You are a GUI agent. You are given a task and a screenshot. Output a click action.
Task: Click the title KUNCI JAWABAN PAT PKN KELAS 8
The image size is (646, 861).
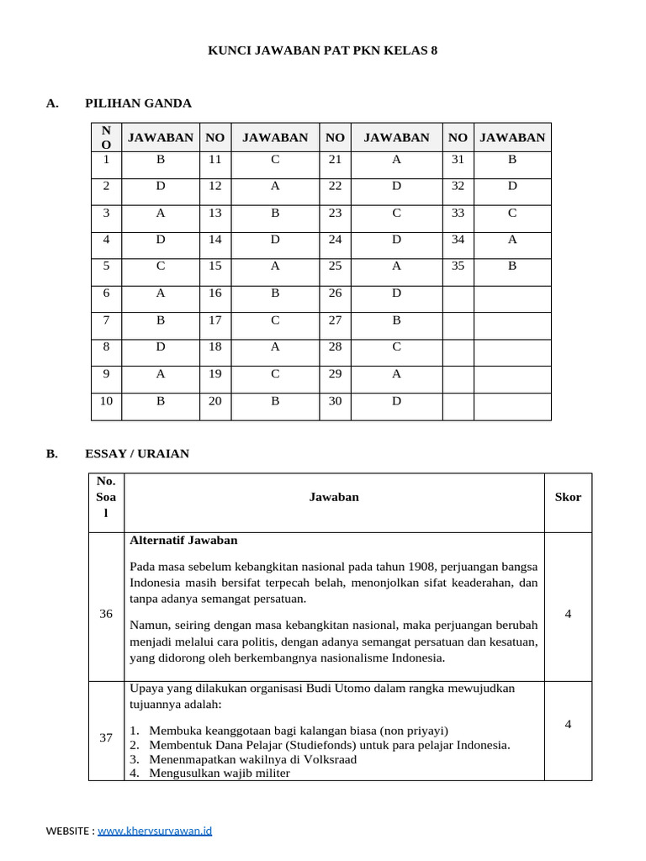pyautogui.click(x=322, y=50)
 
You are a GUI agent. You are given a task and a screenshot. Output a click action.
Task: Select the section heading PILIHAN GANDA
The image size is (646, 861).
pyautogui.click(x=138, y=103)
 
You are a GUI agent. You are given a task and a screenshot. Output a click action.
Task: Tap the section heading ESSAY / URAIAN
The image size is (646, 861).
pyautogui.click(x=137, y=454)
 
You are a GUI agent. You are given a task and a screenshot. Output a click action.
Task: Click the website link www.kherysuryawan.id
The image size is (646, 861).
pyautogui.click(x=155, y=831)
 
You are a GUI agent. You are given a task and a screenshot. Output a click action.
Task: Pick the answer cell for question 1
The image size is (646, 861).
pyautogui.click(x=160, y=159)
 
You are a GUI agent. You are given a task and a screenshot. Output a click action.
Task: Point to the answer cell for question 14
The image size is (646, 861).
pyautogui.click(x=274, y=240)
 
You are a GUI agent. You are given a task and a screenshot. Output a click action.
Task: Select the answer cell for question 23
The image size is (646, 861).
pyautogui.click(x=396, y=213)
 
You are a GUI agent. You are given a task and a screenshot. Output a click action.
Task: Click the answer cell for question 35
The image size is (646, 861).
pyautogui.click(x=511, y=267)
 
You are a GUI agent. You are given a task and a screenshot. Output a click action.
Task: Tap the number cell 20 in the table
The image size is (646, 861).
pyautogui.click(x=215, y=401)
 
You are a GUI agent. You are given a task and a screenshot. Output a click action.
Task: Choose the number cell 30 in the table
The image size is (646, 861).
pyautogui.click(x=335, y=401)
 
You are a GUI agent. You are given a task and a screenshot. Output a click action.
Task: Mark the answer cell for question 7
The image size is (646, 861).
pyautogui.click(x=160, y=320)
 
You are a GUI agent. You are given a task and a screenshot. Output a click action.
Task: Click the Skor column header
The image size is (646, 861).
pyautogui.click(x=568, y=497)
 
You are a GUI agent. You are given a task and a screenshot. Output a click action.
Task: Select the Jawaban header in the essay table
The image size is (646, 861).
pyautogui.click(x=334, y=497)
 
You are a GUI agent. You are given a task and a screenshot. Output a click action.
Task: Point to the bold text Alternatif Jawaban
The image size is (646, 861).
pyautogui.click(x=183, y=541)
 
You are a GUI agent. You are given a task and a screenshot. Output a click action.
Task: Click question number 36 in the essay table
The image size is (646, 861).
pyautogui.click(x=106, y=614)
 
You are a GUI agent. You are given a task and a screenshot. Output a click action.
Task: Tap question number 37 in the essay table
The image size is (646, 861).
pyautogui.click(x=106, y=737)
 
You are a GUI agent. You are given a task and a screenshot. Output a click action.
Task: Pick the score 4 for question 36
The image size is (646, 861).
pyautogui.click(x=568, y=614)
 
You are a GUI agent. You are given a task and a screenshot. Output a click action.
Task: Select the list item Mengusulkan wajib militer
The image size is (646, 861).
pyautogui.click(x=219, y=773)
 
